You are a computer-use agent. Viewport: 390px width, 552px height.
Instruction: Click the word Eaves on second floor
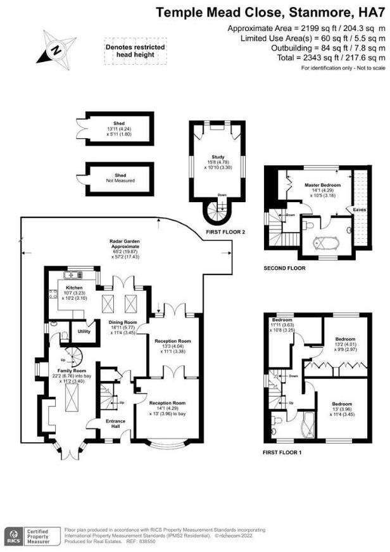[359, 208]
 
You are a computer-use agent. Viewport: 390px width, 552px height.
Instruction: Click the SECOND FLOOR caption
[284, 268]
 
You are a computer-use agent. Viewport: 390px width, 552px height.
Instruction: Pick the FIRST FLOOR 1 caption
[285, 453]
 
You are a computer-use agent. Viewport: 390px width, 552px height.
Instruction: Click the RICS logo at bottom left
[13, 535]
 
